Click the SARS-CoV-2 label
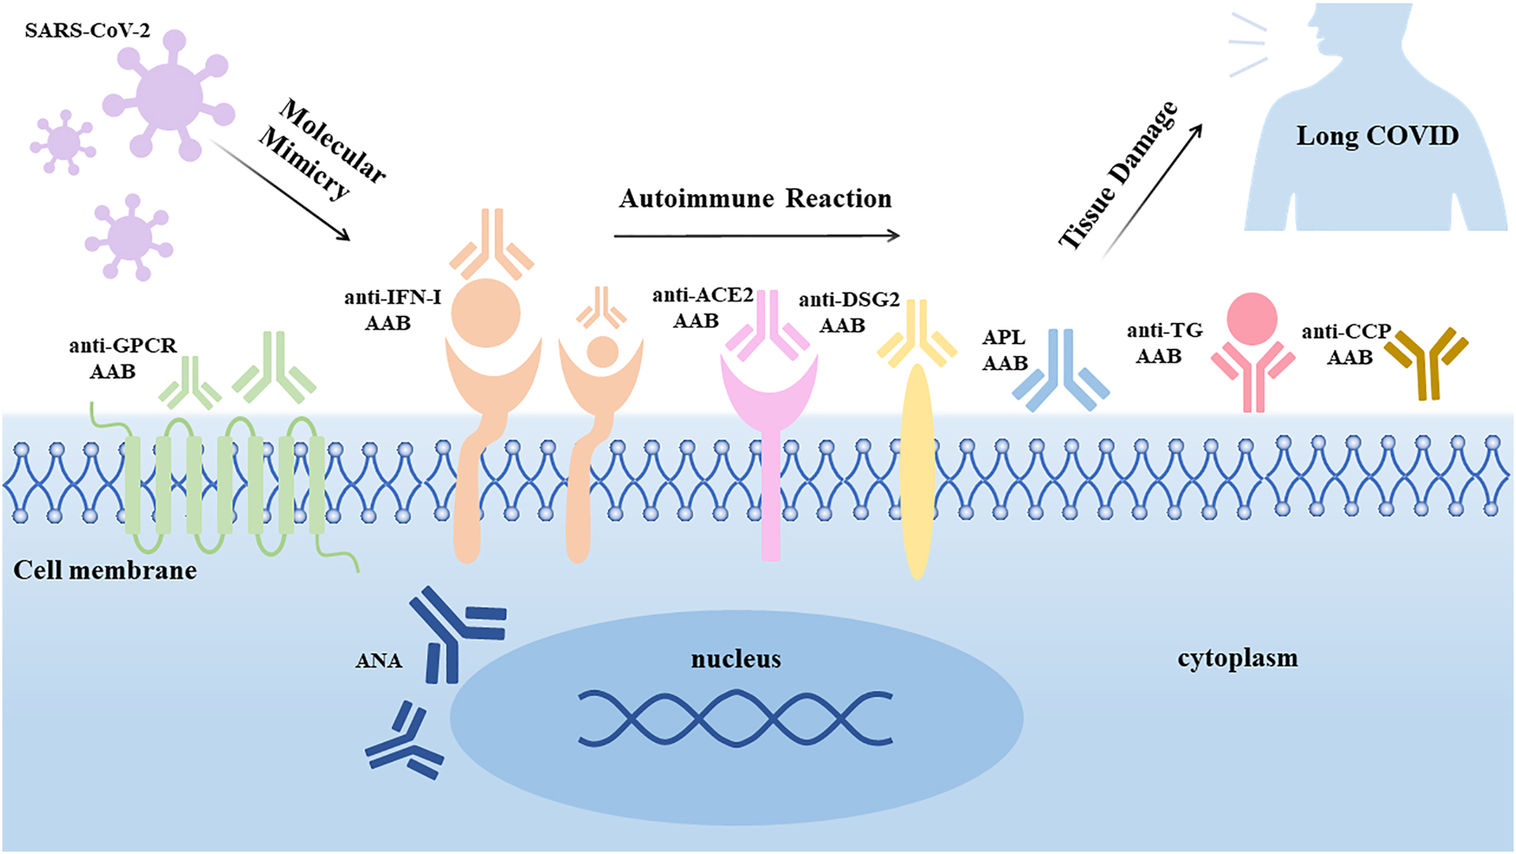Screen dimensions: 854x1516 87,31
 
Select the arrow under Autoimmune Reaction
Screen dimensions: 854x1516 756,236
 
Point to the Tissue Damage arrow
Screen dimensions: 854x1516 1152,191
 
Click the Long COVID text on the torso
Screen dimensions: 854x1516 1377,136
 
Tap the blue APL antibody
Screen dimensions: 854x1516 1060,373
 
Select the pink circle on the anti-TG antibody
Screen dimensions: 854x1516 1252,319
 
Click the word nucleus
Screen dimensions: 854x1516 736,659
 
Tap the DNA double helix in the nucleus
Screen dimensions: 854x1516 736,718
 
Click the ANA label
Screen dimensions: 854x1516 379,661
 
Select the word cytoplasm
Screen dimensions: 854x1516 1237,658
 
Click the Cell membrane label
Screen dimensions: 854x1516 105,570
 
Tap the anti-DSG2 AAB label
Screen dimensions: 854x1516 847,313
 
